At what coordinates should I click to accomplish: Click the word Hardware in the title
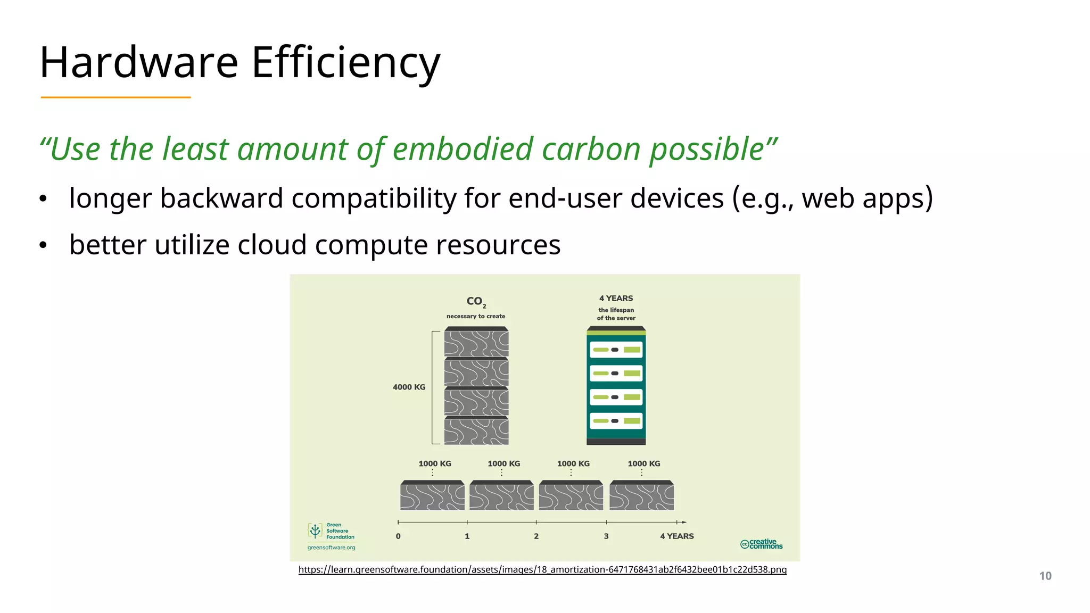(138, 63)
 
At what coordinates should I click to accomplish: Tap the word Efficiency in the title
(345, 63)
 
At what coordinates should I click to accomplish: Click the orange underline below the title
(115, 97)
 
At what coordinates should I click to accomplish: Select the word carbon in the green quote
(591, 149)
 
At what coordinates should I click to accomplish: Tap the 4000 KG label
(409, 387)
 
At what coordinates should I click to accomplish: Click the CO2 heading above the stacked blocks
(476, 301)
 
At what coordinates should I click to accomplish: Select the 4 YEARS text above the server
(616, 299)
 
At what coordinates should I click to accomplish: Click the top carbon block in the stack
(476, 342)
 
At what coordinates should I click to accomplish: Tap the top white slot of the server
(616, 350)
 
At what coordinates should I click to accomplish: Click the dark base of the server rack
(616, 442)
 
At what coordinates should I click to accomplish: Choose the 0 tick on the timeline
(398, 536)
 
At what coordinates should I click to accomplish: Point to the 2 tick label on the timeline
(536, 536)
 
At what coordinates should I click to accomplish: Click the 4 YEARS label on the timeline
(676, 536)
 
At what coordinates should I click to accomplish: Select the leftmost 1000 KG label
(434, 463)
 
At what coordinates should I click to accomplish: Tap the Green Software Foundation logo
(331, 531)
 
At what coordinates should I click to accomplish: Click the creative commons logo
(761, 544)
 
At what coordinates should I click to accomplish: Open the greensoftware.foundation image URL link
(542, 569)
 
